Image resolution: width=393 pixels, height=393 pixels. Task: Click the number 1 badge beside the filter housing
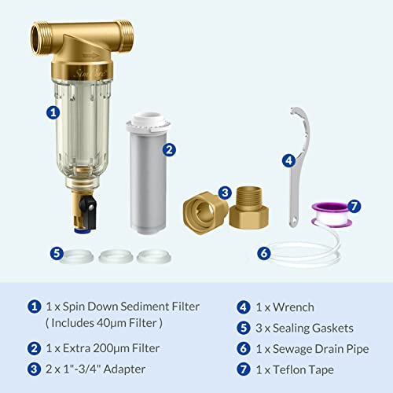pos(53,112)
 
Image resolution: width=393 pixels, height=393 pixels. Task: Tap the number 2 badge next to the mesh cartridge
pos(168,149)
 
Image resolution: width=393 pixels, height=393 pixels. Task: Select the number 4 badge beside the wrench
pos(288,160)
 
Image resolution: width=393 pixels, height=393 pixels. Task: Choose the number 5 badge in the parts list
pos(243,329)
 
